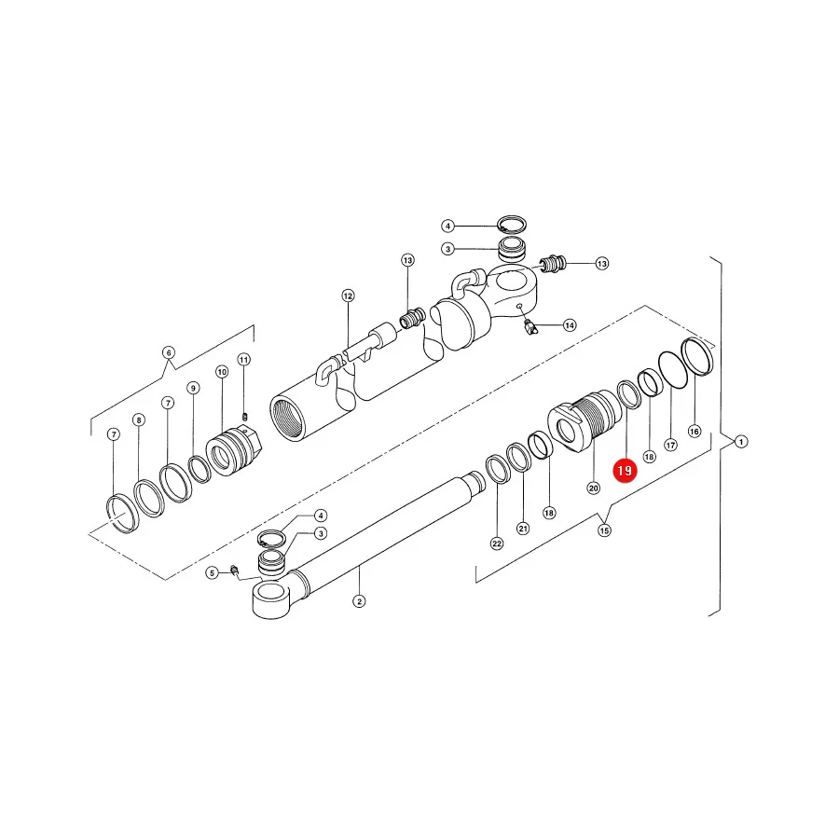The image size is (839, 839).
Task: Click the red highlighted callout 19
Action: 625,471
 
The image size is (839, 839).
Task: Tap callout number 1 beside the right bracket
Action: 741,442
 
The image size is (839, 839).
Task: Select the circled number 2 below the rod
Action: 359,601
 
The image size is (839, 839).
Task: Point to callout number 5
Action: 212,573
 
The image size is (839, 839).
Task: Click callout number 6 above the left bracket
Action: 169,352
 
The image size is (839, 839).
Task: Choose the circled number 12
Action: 349,296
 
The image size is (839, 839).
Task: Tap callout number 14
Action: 570,325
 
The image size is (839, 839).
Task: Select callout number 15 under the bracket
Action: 604,530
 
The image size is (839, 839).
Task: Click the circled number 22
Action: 497,543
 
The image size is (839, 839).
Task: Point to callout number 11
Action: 244,360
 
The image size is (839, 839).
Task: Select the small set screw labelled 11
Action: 245,417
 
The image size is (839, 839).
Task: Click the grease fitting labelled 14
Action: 530,327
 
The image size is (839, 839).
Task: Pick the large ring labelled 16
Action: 696,357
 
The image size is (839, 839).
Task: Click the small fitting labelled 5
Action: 233,570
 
